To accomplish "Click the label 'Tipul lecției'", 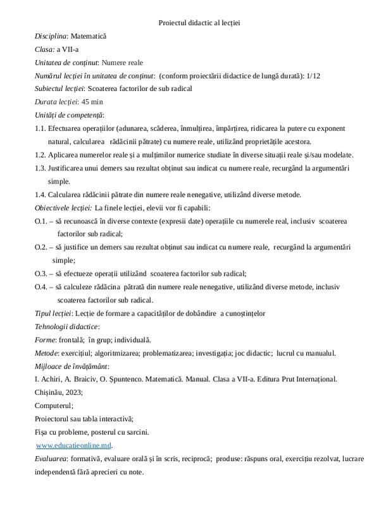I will click(x=53, y=313).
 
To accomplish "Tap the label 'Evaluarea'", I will click(x=52, y=458).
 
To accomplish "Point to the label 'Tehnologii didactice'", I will click(x=66, y=326).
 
